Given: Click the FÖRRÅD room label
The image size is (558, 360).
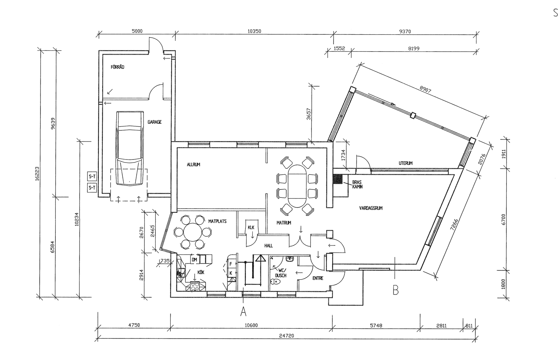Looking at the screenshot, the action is [x=117, y=67].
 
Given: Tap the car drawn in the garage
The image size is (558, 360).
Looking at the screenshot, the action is [x=130, y=148].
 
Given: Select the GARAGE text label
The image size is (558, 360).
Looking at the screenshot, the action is [x=154, y=122].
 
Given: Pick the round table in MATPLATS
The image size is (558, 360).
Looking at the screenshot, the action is [x=193, y=232].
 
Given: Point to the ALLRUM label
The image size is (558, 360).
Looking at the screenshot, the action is [x=193, y=165].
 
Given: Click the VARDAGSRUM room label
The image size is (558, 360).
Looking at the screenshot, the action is [x=371, y=208].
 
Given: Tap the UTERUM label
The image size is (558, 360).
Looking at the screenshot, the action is [x=406, y=163].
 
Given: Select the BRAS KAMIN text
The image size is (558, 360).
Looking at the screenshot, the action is [x=357, y=184].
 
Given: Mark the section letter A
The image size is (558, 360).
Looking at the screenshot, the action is [x=243, y=311].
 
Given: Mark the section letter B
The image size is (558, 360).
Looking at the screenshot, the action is [x=396, y=290].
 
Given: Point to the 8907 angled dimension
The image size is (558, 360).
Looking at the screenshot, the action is [x=425, y=89].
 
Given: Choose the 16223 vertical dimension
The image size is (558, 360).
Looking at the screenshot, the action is [x=37, y=174].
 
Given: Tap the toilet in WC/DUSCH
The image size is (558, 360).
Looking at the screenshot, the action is [x=275, y=282].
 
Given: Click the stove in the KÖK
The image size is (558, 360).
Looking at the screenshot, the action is [x=195, y=286].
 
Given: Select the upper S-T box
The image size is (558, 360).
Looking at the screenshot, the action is [x=92, y=177].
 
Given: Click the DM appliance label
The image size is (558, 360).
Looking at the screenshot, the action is [x=194, y=260].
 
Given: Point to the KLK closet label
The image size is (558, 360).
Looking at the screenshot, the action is [x=251, y=227].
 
